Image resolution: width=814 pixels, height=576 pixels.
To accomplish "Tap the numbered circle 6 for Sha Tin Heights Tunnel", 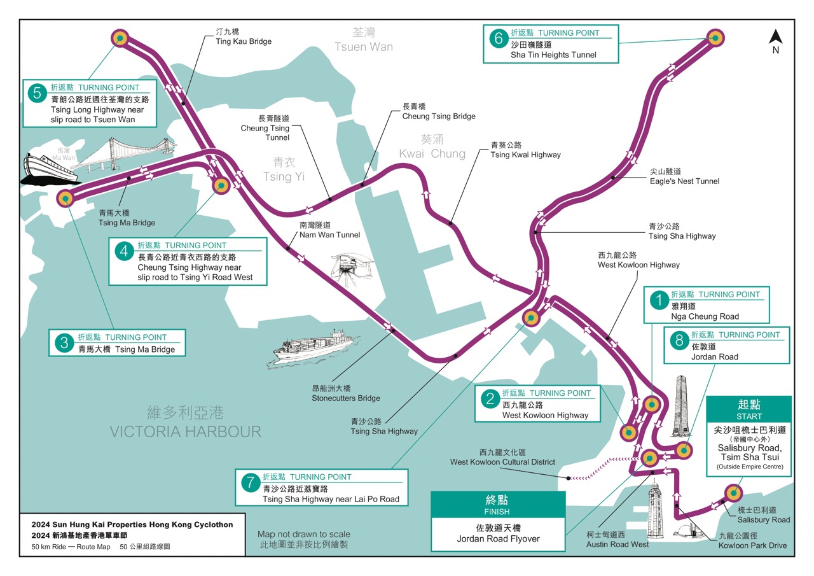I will pyautogui.click(x=498, y=38).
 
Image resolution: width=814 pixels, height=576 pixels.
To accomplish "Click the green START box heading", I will pyautogui.click(x=749, y=409).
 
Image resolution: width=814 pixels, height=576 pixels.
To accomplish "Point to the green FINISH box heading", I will pyautogui.click(x=498, y=504).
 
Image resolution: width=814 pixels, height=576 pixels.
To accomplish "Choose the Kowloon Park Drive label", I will pyautogui.click(x=752, y=545).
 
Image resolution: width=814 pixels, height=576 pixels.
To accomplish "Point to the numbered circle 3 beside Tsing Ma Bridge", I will pyautogui.click(x=64, y=344).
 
